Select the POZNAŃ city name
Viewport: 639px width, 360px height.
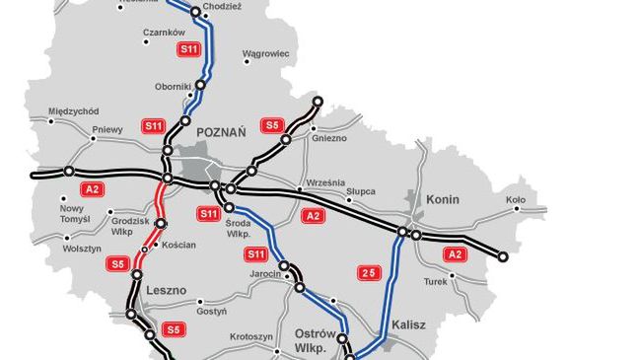pos(223,130)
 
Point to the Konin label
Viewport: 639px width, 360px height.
pos(443,198)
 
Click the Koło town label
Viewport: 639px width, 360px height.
pos(515,198)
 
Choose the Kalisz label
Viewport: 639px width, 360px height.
pos(407,323)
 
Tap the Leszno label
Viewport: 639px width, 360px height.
pos(166,292)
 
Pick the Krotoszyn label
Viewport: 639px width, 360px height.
pos(251,336)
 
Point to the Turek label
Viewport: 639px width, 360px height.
pos(436,281)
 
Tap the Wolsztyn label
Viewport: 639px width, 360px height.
pos(54,251)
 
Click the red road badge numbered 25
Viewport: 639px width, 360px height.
pos(368,271)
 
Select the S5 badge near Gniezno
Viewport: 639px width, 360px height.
pos(272,125)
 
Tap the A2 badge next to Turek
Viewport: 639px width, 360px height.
pos(455,254)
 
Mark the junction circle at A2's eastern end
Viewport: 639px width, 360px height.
pos(503,256)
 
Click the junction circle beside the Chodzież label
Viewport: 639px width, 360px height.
pos(195,12)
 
